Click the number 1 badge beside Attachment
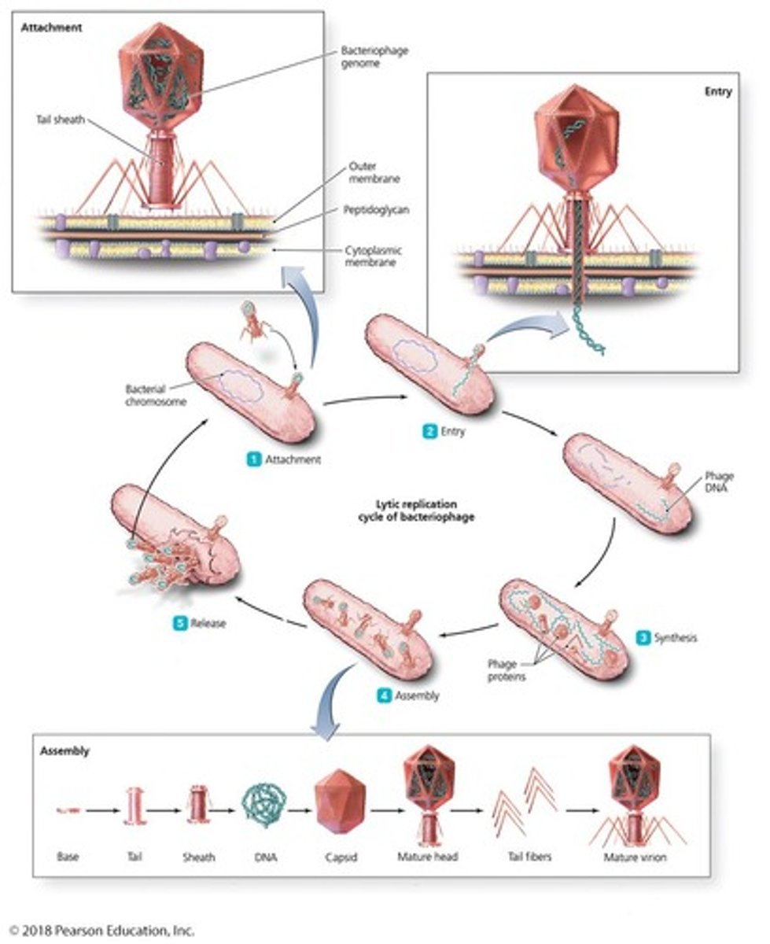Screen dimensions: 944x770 pos(254,460)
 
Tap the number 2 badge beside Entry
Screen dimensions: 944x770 pos(429,431)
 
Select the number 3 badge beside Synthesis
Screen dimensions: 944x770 pos(643,637)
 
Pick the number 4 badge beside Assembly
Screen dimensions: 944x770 pos(382,695)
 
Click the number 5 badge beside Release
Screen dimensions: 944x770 pos(180,623)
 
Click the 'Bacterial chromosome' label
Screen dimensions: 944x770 pos(153,396)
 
